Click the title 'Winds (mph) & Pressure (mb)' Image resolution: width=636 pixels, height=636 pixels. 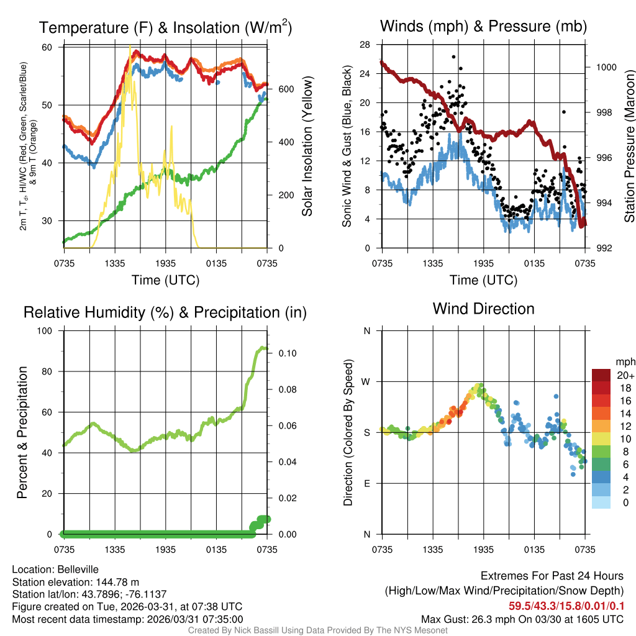point(483,26)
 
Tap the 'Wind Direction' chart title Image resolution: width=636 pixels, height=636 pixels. point(483,308)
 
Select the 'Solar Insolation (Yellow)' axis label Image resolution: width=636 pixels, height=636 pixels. point(307,147)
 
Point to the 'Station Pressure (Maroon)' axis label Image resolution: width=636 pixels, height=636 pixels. point(629,147)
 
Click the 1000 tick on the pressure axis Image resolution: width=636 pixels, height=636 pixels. point(606,67)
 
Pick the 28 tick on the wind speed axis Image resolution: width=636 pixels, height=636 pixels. point(365,45)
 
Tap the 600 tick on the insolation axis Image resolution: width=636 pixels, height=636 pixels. point(286,89)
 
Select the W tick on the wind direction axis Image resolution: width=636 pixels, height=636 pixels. point(366,381)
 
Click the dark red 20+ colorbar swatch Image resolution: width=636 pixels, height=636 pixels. point(601,375)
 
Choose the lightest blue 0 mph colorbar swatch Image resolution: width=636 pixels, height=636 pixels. point(601,503)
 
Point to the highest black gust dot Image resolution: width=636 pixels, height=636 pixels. point(455,57)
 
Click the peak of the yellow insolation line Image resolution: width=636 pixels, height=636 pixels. point(130,46)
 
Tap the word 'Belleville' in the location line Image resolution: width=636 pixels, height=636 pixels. point(76,569)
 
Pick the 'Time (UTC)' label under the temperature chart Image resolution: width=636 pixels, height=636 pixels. point(165,280)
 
